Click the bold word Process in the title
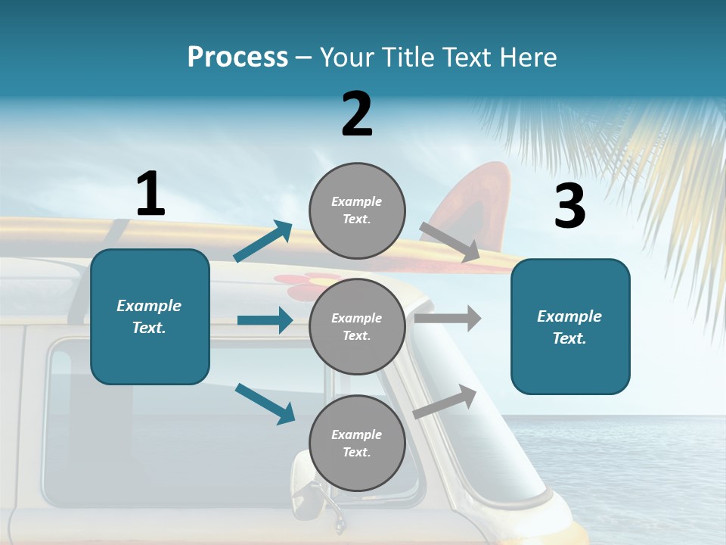tap(237, 58)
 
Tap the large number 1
tap(150, 194)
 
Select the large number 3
tap(569, 206)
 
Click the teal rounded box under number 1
tap(150, 316)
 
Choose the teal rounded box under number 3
tap(570, 326)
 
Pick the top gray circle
tap(357, 210)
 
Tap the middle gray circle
tap(357, 326)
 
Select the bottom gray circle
tap(357, 443)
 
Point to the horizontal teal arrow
tap(265, 320)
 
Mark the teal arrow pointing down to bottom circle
tap(265, 403)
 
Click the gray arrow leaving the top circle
tap(449, 242)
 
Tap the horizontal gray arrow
tap(448, 319)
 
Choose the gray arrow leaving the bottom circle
tap(445, 401)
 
